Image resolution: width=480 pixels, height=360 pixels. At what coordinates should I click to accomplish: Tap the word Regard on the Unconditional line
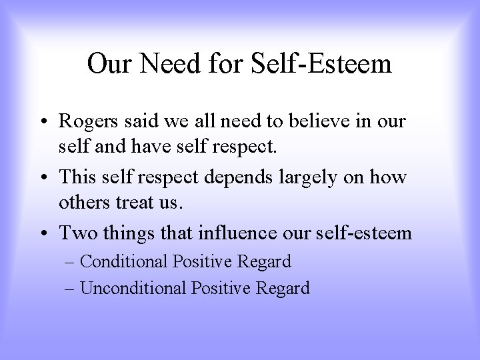[286, 288]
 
